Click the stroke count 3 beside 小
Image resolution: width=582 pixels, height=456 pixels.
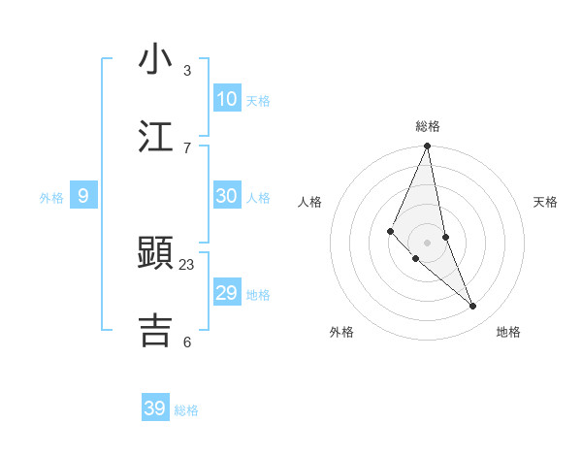[187, 71]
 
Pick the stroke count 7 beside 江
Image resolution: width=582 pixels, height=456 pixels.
[187, 147]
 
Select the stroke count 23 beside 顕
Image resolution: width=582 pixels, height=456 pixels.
[187, 264]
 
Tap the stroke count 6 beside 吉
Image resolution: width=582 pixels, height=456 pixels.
[187, 342]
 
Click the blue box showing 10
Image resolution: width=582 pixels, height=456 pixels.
[227, 99]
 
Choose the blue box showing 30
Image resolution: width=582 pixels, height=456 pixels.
[227, 196]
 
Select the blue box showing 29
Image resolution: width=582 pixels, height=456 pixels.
[227, 293]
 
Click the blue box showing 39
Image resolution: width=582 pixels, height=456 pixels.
[155, 408]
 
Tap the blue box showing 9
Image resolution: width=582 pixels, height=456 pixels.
[83, 196]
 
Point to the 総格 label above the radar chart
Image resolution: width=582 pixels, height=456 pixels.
[428, 126]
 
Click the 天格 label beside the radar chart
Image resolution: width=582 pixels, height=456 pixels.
[546, 202]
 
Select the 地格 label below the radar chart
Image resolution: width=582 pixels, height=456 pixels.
[508, 332]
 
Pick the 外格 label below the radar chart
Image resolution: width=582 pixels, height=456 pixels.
[341, 332]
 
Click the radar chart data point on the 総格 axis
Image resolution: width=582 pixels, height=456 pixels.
[427, 147]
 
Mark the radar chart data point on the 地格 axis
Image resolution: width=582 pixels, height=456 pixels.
[473, 306]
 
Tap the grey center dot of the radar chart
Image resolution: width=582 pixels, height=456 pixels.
[427, 243]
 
